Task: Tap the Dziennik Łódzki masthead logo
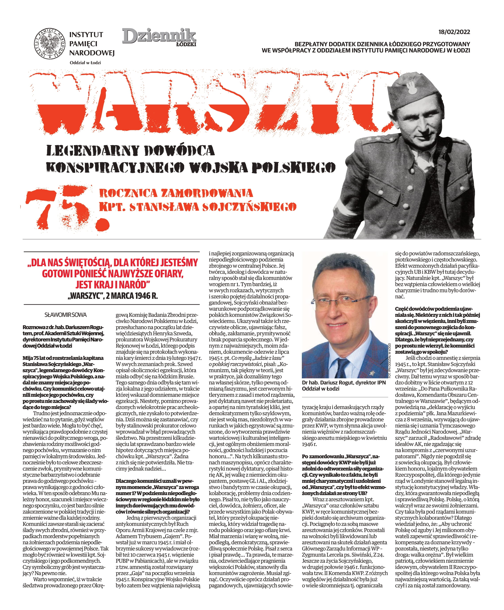[x=159, y=37]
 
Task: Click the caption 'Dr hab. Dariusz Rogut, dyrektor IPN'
[x=344, y=382]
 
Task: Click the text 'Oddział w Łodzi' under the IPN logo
[x=85, y=63]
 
